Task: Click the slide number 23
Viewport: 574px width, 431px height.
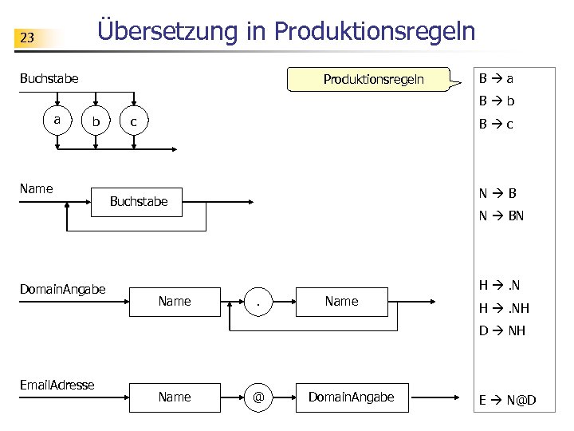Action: [x=28, y=38]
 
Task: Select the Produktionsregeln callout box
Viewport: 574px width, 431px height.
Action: [x=373, y=80]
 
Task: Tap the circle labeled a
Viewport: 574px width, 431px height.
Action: [x=57, y=120]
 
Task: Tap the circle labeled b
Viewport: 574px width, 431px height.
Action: [x=96, y=122]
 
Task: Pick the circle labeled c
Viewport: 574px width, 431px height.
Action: [x=134, y=122]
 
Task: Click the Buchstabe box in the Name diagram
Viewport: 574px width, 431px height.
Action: [x=139, y=201]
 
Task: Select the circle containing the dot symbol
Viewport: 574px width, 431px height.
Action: [x=258, y=302]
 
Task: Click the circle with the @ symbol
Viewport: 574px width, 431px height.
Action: [x=258, y=397]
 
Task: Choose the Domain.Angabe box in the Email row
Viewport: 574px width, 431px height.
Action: [x=351, y=397]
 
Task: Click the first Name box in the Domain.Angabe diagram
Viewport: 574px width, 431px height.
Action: [x=175, y=301]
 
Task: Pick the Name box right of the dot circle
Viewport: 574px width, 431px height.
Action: [x=341, y=301]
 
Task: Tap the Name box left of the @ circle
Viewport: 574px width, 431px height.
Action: [x=175, y=397]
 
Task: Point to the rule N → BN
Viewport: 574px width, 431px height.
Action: [x=501, y=215]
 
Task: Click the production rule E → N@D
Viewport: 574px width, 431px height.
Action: [x=506, y=399]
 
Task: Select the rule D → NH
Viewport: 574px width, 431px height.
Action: [x=501, y=330]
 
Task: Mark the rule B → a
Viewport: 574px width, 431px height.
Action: [x=496, y=79]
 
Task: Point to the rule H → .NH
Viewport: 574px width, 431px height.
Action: [x=503, y=308]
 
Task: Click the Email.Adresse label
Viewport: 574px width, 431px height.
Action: [x=57, y=385]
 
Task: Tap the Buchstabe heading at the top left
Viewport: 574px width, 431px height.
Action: [x=49, y=78]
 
